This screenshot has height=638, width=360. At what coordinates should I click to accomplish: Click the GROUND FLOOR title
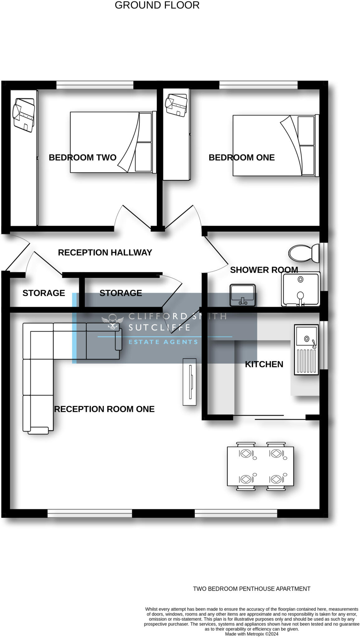click(157, 5)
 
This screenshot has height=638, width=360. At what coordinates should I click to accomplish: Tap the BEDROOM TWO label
click(83, 158)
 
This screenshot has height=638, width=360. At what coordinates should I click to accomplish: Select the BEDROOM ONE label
click(242, 158)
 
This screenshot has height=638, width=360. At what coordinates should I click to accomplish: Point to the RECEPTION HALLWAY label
click(105, 252)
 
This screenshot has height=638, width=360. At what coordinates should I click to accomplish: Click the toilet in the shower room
click(303, 253)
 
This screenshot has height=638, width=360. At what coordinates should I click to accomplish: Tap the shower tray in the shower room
click(300, 289)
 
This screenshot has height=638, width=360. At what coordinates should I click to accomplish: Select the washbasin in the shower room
click(243, 295)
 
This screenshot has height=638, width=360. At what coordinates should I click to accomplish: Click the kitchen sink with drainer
click(306, 349)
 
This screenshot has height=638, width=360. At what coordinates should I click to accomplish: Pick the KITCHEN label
click(264, 364)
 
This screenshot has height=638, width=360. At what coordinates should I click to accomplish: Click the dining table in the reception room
click(260, 466)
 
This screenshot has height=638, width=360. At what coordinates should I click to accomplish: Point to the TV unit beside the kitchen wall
click(190, 382)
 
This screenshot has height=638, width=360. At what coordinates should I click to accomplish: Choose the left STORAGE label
click(44, 293)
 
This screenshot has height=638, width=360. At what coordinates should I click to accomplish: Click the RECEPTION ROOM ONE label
click(104, 409)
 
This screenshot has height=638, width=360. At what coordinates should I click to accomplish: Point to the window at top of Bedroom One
click(258, 85)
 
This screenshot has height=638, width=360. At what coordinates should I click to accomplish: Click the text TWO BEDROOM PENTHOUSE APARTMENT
click(252, 589)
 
